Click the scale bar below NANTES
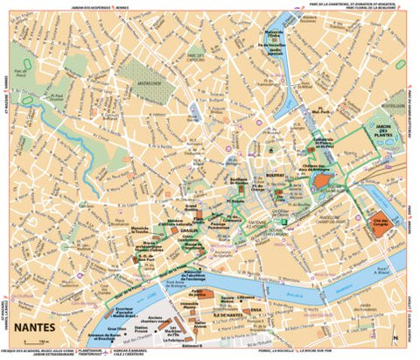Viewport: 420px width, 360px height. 33,342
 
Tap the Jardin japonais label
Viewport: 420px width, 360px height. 275,52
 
